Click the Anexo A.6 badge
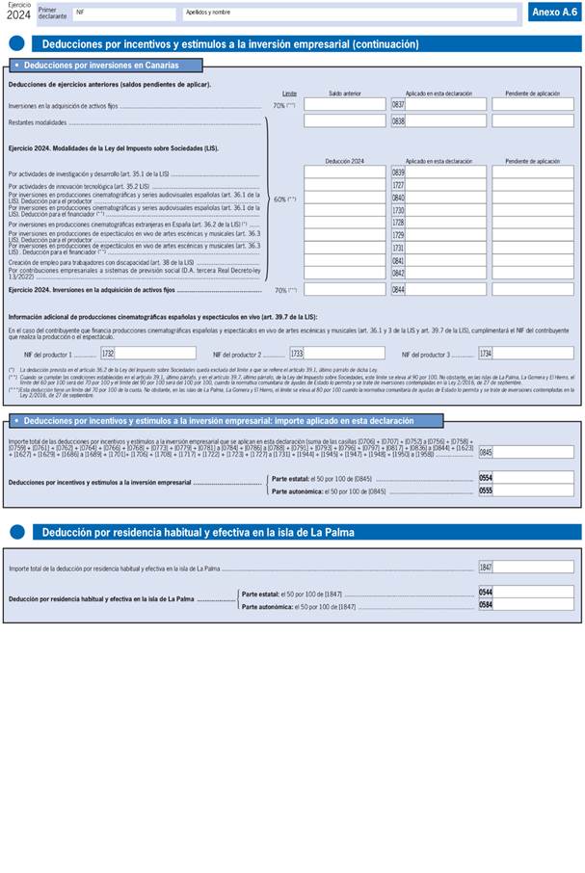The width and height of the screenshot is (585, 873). click(553, 12)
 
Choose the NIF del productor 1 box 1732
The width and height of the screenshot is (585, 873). click(154, 354)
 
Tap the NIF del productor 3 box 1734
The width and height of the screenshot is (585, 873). click(532, 354)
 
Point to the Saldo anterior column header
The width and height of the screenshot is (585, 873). click(344, 93)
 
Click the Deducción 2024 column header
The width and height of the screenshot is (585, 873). click(344, 161)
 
